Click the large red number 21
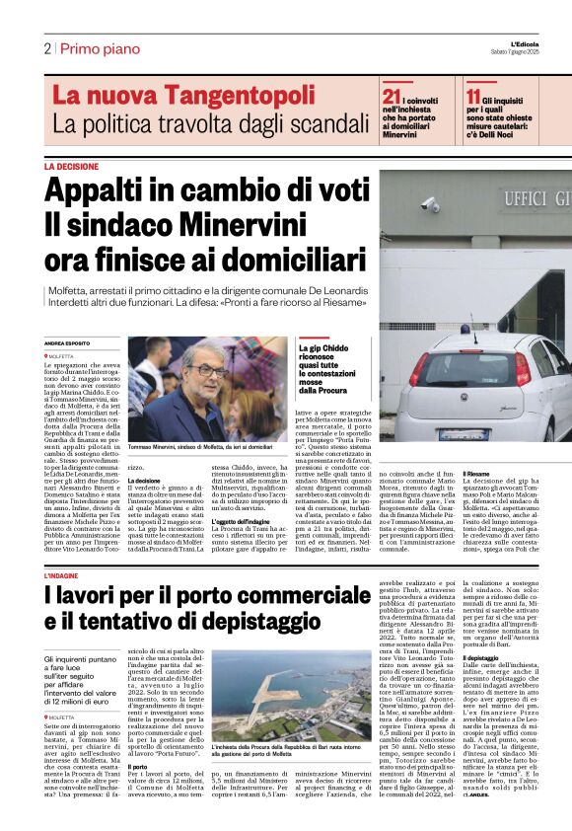(393, 96)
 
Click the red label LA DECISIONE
(71, 168)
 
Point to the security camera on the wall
(431, 204)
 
